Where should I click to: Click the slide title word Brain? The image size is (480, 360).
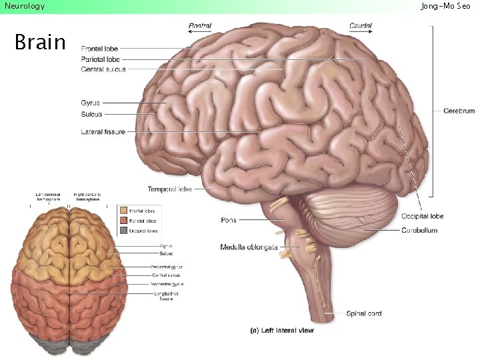[x=40, y=43]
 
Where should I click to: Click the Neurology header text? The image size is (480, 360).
[x=25, y=6]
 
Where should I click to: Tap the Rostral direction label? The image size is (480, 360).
[x=200, y=25]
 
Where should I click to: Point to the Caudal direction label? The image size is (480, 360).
[x=361, y=25]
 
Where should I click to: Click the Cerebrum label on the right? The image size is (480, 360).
[x=459, y=111]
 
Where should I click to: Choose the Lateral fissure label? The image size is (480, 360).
[x=103, y=132]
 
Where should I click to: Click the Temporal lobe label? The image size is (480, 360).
[x=169, y=189]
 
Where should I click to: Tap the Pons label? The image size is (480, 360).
[x=228, y=220]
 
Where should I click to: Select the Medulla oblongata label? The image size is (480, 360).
[x=249, y=247]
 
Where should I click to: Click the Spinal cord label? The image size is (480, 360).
[x=363, y=313]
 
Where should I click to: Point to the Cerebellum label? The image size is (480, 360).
[x=419, y=230]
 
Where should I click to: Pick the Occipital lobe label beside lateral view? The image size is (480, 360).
[x=422, y=216]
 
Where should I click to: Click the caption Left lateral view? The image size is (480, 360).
[x=281, y=329]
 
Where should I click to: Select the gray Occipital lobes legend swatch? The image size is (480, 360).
[x=123, y=231]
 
